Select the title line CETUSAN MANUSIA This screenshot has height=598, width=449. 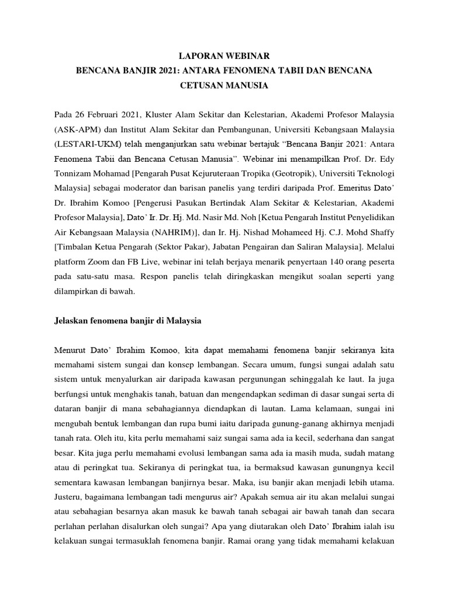point(224,86)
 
